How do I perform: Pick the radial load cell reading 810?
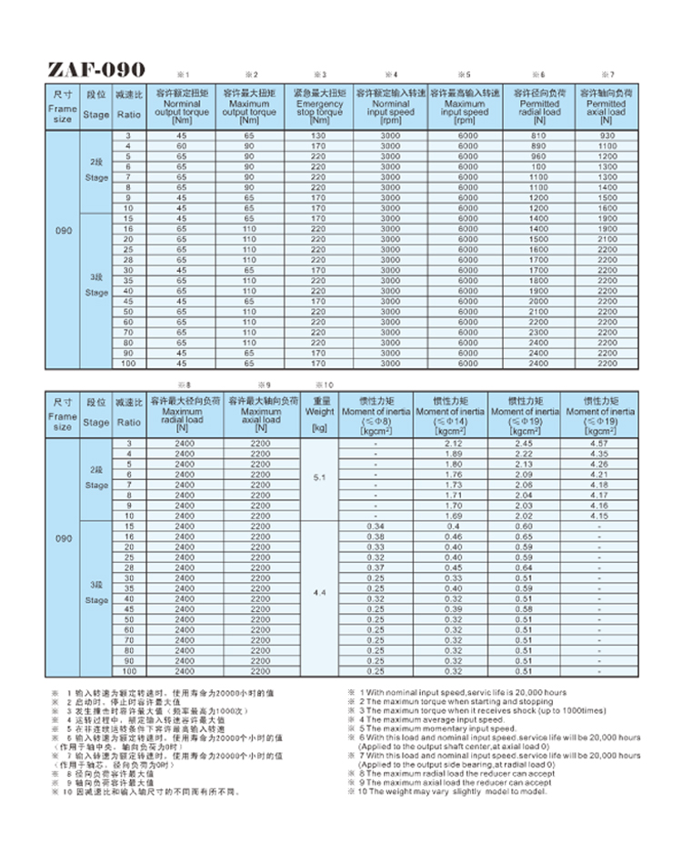click(x=539, y=135)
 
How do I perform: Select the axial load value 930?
click(x=607, y=135)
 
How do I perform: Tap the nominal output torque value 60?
click(x=182, y=146)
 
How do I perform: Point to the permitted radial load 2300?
click(x=539, y=332)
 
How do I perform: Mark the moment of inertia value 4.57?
click(x=599, y=443)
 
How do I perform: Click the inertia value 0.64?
click(x=524, y=567)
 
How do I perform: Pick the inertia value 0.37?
click(x=376, y=567)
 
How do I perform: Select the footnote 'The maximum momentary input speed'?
click(x=437, y=728)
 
